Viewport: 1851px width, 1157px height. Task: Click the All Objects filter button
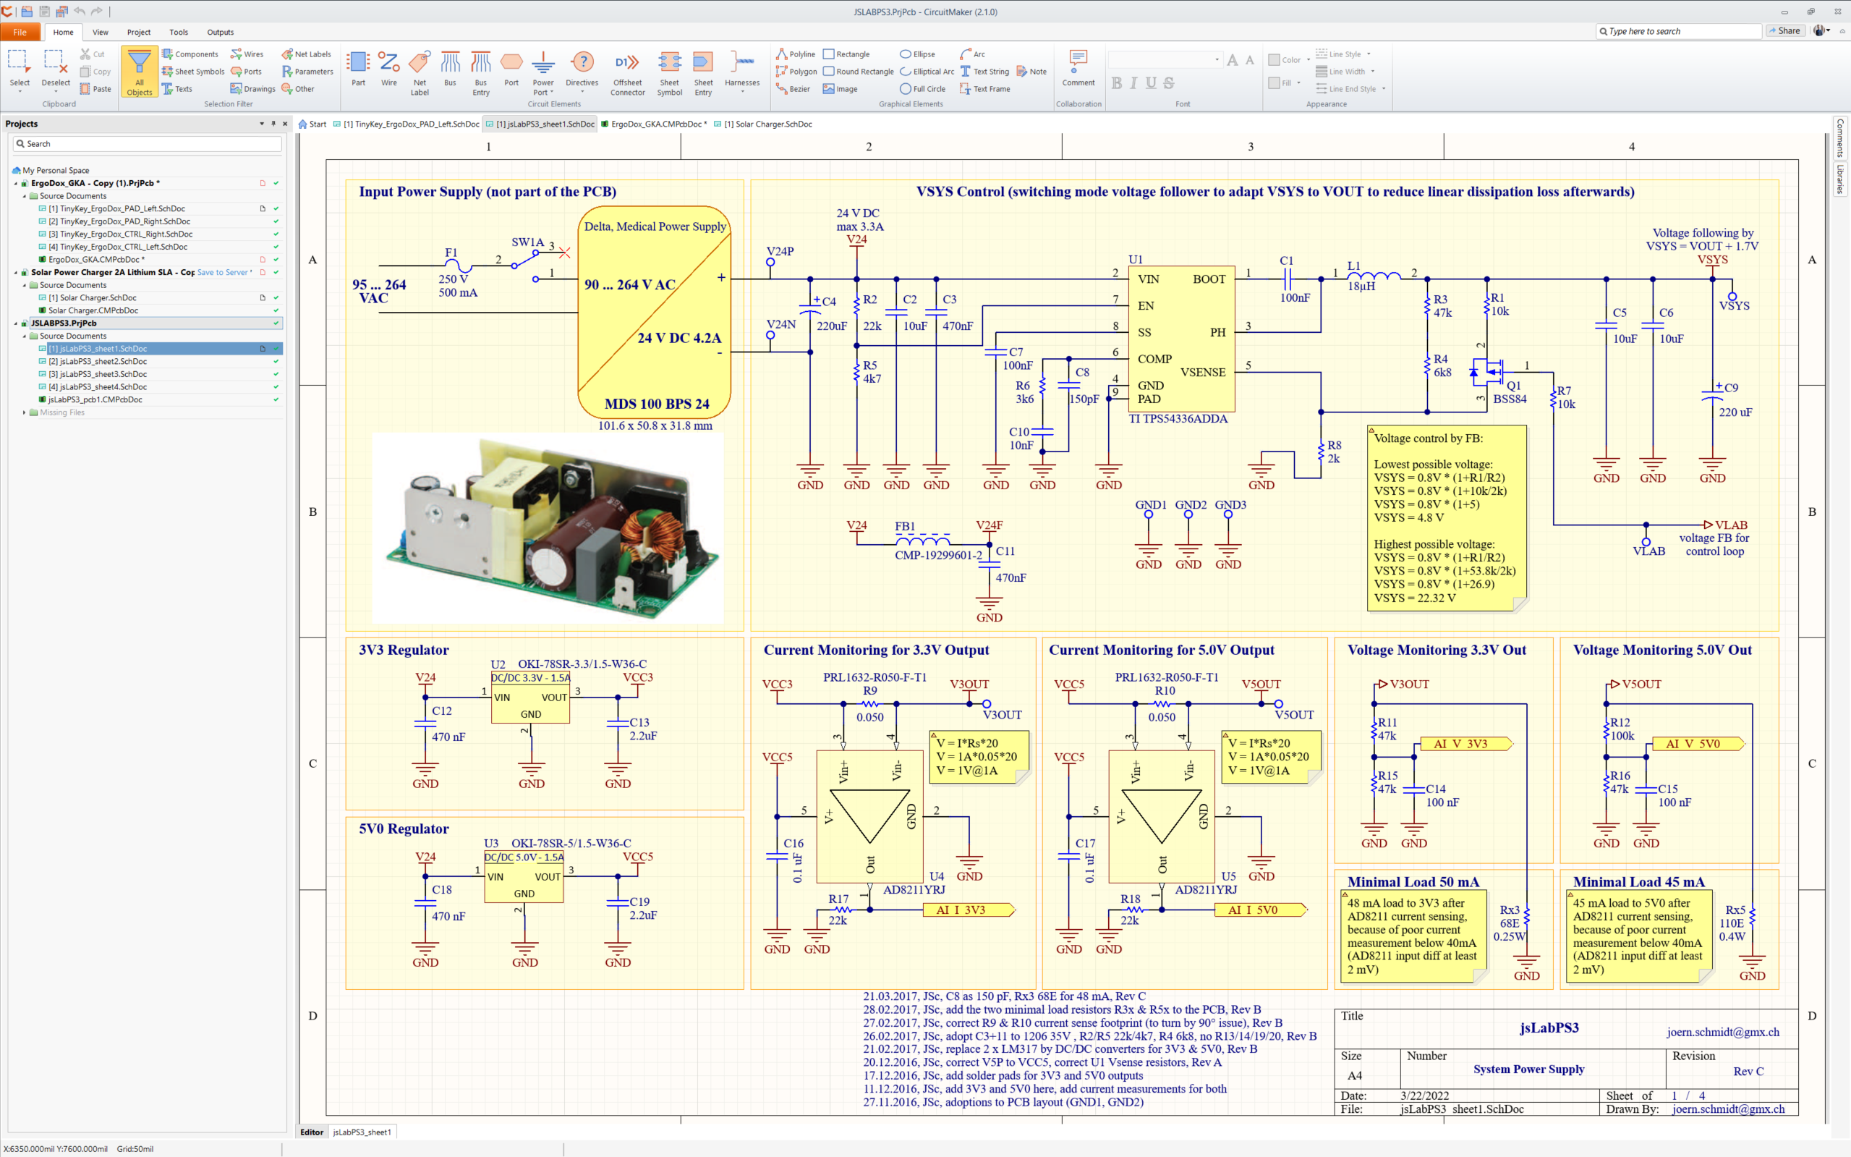(139, 71)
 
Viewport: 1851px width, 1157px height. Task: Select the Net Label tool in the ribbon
(419, 71)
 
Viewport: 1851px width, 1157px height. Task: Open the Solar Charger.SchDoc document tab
(768, 124)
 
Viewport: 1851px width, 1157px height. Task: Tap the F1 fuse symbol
(457, 267)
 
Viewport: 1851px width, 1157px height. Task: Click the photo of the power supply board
(548, 527)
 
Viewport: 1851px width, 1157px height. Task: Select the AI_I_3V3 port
(969, 910)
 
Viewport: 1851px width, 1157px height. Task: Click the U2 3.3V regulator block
(530, 697)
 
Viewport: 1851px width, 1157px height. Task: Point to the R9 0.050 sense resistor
(869, 703)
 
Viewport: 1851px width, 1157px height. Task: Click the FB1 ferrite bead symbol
(922, 541)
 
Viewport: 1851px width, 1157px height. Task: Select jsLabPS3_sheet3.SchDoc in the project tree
(98, 374)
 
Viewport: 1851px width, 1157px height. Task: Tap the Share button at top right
(1784, 31)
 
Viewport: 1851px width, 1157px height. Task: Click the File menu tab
(20, 32)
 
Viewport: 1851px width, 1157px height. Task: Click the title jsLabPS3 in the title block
(1549, 1027)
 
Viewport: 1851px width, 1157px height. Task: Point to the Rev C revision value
(1748, 1072)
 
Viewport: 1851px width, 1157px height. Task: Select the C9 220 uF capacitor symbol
(1712, 396)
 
